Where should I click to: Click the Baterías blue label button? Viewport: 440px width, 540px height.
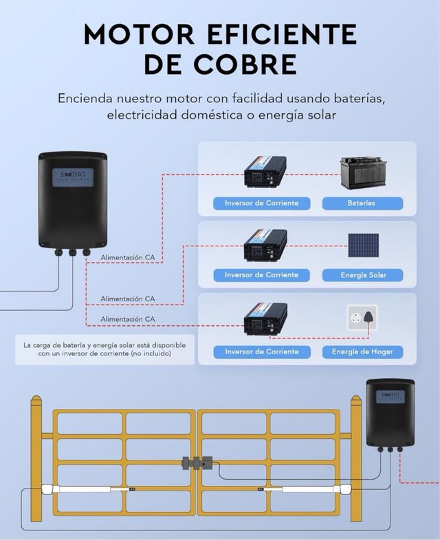pyautogui.click(x=362, y=203)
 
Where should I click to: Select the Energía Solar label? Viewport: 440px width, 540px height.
pyautogui.click(x=362, y=275)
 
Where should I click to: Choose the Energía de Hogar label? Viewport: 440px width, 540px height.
pyautogui.click(x=362, y=352)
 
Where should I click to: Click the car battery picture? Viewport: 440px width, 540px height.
pyautogui.click(x=363, y=174)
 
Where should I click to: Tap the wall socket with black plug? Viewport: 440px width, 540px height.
pyautogui.click(x=362, y=320)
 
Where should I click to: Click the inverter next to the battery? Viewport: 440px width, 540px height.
pyautogui.click(x=265, y=172)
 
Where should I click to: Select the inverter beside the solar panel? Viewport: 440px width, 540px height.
pyautogui.click(x=265, y=245)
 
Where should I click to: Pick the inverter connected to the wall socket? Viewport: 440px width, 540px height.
pyautogui.click(x=265, y=319)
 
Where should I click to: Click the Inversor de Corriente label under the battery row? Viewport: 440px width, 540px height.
pyautogui.click(x=261, y=203)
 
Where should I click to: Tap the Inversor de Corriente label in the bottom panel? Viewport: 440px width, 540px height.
pyautogui.click(x=261, y=352)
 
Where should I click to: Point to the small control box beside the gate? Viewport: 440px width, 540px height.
pyautogui.click(x=390, y=412)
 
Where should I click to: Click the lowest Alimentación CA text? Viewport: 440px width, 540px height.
pyautogui.click(x=128, y=319)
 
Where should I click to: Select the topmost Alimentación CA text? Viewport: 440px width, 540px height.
pyautogui.click(x=128, y=257)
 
